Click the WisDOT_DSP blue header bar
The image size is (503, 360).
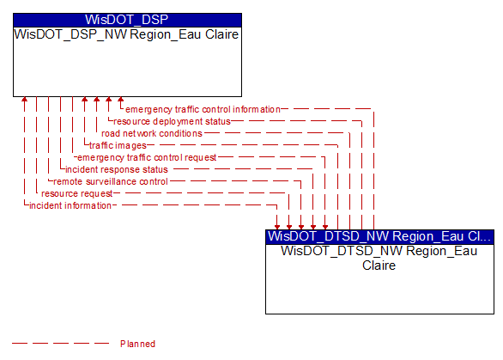click(x=127, y=20)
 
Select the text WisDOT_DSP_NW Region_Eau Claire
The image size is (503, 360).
click(x=126, y=34)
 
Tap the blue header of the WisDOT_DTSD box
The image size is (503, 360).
click(x=379, y=236)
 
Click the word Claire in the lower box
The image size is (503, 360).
click(x=379, y=265)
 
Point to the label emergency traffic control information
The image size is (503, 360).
click(x=203, y=109)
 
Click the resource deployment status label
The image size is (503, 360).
click(x=172, y=121)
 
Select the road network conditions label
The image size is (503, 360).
click(x=152, y=133)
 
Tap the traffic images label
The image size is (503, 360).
click(x=118, y=145)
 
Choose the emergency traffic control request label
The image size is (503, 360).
click(x=147, y=157)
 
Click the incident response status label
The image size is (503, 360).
click(x=117, y=169)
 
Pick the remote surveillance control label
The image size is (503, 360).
click(x=111, y=181)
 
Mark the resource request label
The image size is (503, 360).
click(x=77, y=193)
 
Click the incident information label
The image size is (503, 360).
click(x=70, y=205)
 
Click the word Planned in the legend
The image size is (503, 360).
click(x=137, y=344)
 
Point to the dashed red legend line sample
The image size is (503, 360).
click(x=60, y=344)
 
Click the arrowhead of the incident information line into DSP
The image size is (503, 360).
click(x=24, y=99)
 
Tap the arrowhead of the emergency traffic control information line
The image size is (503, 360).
click(x=121, y=99)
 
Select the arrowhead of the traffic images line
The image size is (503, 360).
click(x=85, y=99)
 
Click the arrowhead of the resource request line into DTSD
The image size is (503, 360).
click(x=289, y=227)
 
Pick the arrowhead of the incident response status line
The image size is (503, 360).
click(x=313, y=227)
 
